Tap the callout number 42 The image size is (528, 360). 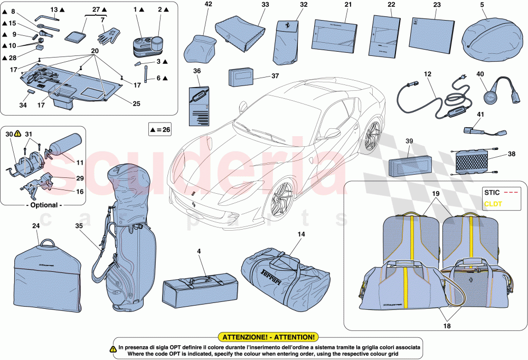click(208, 5)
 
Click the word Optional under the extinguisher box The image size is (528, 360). click(43, 205)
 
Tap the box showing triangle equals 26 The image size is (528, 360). click(161, 128)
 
